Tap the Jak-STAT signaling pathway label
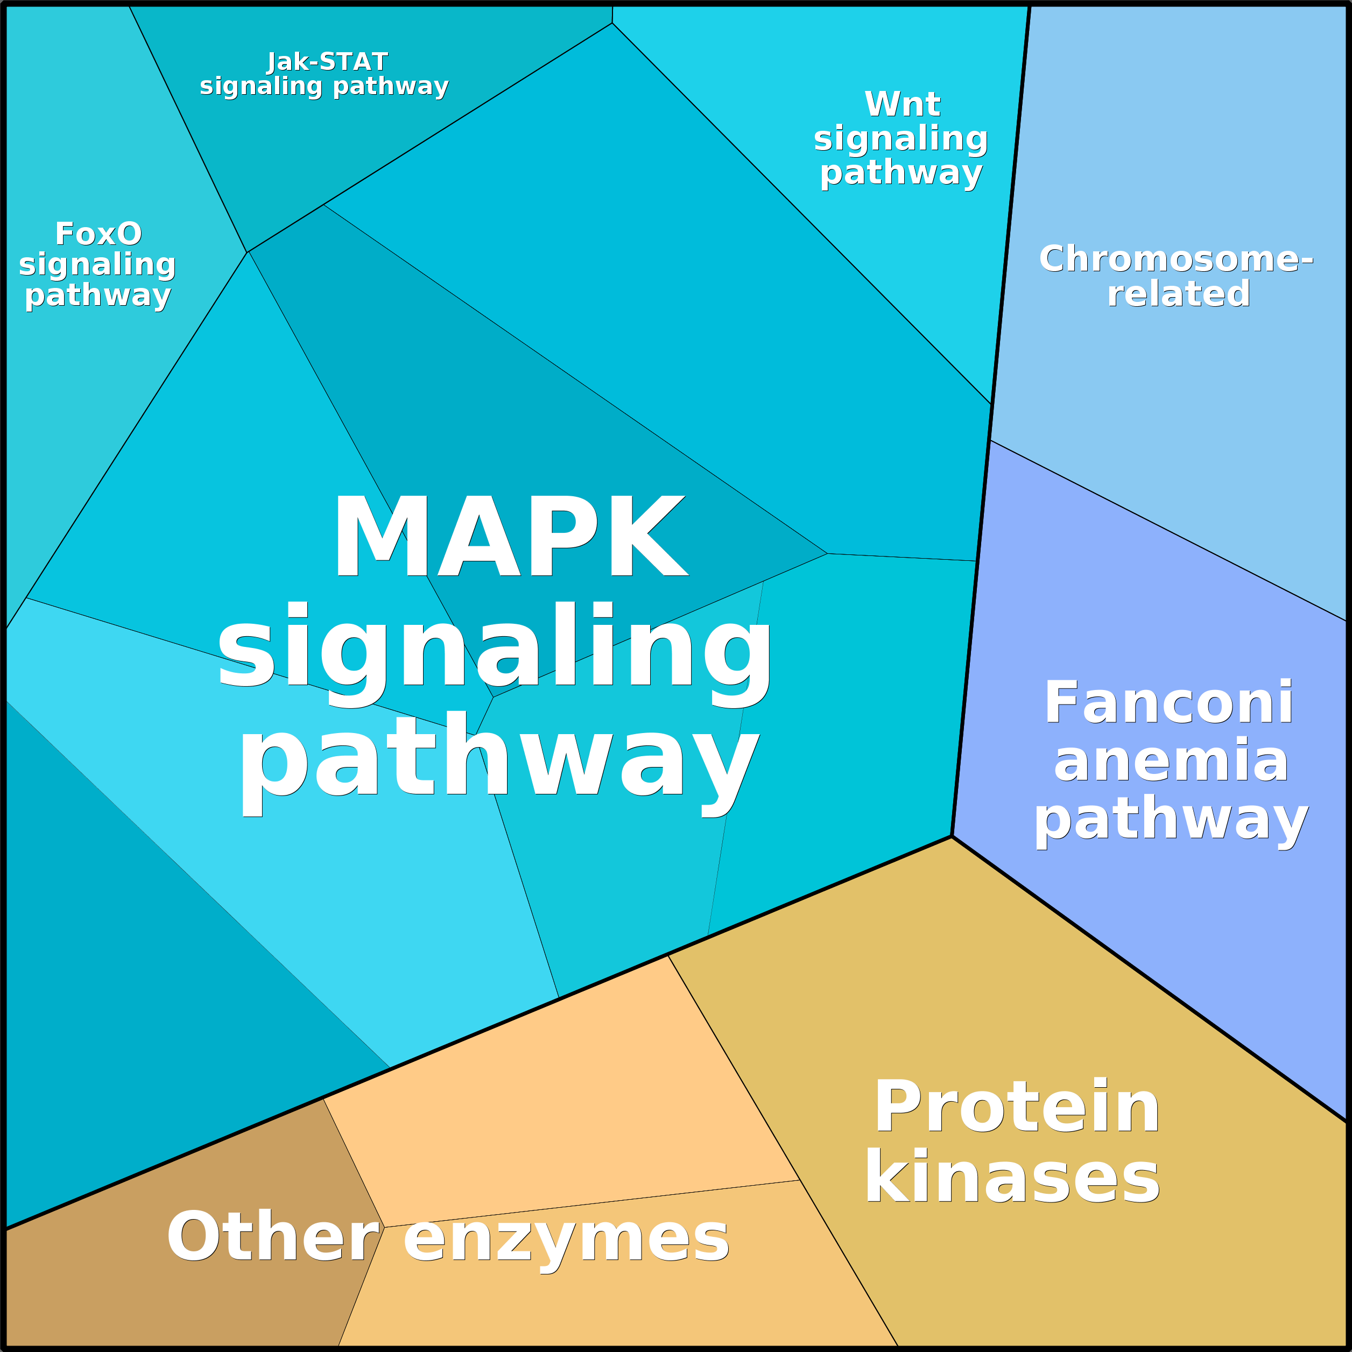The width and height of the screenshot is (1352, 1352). [324, 74]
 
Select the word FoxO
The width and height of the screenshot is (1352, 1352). [98, 234]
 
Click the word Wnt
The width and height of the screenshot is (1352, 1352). [902, 104]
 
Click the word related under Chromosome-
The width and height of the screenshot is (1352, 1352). [1179, 293]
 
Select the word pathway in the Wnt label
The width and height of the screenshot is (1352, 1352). [902, 173]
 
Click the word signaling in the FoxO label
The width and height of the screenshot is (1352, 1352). [97, 264]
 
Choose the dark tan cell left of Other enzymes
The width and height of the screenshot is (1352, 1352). [175, 1294]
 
